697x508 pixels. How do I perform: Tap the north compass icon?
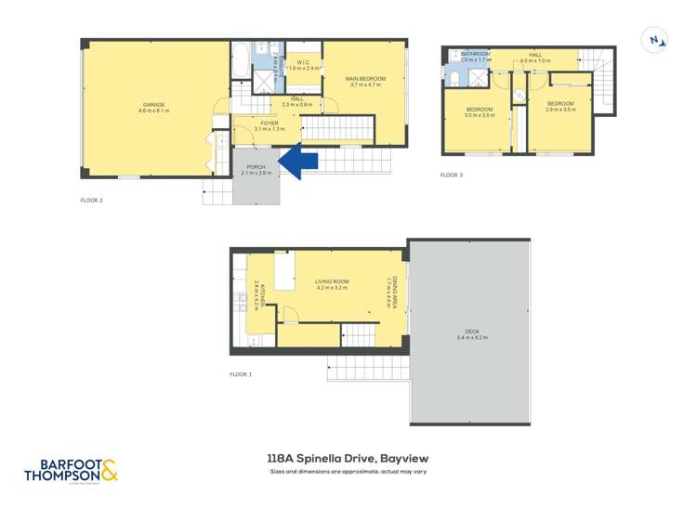656,39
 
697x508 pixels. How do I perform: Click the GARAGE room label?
154,104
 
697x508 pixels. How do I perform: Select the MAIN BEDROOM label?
364,77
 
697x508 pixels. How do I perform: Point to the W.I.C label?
302,62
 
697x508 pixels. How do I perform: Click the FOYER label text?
270,123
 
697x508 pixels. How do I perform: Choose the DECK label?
472,332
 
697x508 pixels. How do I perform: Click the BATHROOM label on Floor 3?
475,55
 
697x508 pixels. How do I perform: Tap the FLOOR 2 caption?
91,200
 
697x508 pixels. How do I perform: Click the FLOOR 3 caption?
451,175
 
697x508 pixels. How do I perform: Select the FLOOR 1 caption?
241,374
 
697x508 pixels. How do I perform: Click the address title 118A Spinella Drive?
348,458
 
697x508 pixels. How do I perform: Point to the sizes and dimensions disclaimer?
348,472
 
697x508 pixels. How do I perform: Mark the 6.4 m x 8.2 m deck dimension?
472,337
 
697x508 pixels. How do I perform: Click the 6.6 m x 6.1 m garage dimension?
154,111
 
